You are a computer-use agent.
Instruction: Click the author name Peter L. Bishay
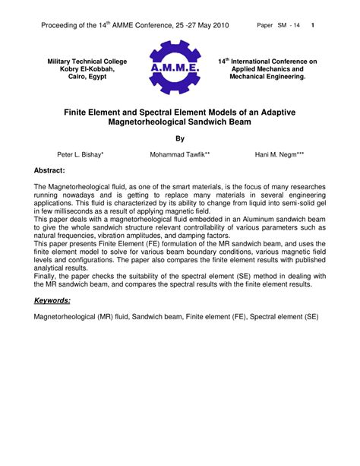[x=81, y=154]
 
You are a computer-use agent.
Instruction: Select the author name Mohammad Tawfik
[x=180, y=154]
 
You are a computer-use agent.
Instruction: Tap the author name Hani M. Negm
[x=278, y=154]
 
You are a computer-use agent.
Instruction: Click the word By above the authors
[x=180, y=138]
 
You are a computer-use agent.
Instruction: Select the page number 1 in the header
[x=313, y=26]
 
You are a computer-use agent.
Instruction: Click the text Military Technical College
[x=87, y=61]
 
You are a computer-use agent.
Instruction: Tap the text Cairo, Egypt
[x=87, y=77]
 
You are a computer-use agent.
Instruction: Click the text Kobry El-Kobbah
[x=87, y=68]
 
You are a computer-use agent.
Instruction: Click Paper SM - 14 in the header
[x=278, y=26]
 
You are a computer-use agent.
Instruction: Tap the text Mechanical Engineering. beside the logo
[x=267, y=77]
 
